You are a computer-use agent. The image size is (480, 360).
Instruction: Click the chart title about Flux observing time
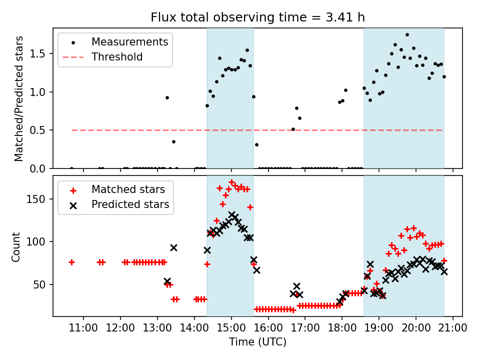[x=257, y=18]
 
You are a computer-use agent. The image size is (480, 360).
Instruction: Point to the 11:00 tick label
[x=83, y=327]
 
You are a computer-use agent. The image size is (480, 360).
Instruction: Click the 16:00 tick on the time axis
[x=268, y=327]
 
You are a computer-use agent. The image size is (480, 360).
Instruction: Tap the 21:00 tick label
[x=453, y=327]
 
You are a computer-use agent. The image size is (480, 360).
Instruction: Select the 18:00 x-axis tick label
[x=342, y=327]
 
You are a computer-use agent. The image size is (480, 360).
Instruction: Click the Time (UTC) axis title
[x=257, y=342]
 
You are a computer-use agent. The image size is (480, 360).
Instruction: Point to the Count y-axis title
[x=16, y=246]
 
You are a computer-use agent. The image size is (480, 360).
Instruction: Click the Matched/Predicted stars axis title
[x=19, y=98]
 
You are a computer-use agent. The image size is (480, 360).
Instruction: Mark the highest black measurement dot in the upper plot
[x=407, y=35]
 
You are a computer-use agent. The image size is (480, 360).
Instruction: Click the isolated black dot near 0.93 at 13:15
[x=167, y=97]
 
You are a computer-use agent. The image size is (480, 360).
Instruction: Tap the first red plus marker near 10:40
[x=71, y=262]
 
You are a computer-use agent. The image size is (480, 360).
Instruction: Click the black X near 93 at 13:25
[x=173, y=247]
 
